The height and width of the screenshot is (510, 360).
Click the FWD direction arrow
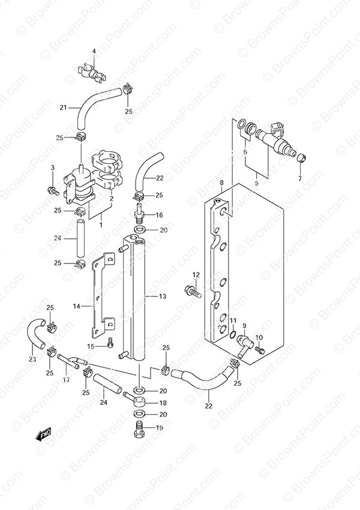[x=43, y=434]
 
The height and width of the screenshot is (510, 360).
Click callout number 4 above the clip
[x=94, y=51]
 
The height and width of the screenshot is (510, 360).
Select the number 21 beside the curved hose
[x=63, y=107]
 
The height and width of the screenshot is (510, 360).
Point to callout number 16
[x=159, y=215]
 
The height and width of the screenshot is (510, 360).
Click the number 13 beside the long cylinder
[x=163, y=296]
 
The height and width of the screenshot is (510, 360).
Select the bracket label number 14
[x=76, y=306]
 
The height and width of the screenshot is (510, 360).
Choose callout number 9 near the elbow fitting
[x=244, y=326]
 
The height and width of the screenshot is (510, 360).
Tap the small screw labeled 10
[x=260, y=350]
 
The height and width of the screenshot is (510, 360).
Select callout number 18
[x=163, y=403]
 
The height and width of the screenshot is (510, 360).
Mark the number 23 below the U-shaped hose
[x=32, y=359]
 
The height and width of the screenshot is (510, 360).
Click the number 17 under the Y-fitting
[x=66, y=380]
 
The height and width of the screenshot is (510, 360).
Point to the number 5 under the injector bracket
[x=256, y=183]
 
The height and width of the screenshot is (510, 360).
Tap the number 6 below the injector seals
[x=245, y=152]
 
